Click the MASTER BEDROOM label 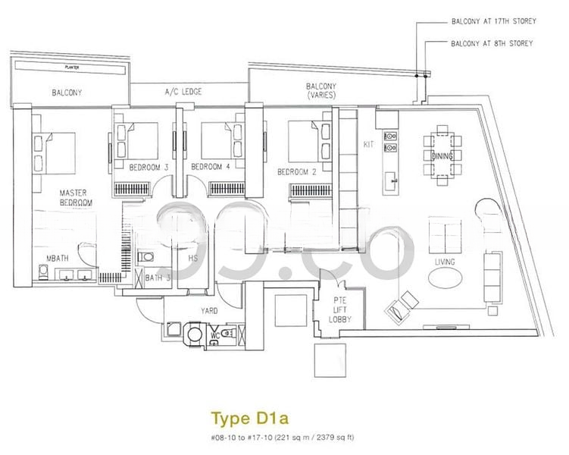point(76,198)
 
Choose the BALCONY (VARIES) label point(321,91)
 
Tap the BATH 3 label point(159,278)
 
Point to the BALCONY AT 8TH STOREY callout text point(490,43)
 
